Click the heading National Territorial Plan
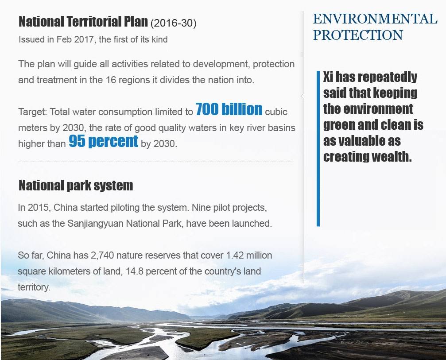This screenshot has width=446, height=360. coord(83,22)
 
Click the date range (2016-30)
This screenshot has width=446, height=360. coord(173,23)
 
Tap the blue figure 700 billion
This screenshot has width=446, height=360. coord(229,109)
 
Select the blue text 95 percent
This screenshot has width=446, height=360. coord(104,141)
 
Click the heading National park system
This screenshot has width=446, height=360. coord(76,186)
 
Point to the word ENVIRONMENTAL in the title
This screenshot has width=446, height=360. coord(375,19)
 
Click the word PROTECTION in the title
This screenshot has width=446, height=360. coord(358,35)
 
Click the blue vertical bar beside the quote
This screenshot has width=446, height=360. coord(318,148)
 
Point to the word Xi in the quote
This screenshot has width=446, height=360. coord(328,77)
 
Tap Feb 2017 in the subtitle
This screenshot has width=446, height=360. coord(75,39)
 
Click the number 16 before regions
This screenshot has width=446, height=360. coord(111,80)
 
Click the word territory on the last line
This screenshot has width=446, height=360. coord(34,287)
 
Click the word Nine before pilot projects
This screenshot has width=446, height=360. coord(201,208)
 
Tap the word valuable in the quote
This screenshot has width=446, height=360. coord(362,141)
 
